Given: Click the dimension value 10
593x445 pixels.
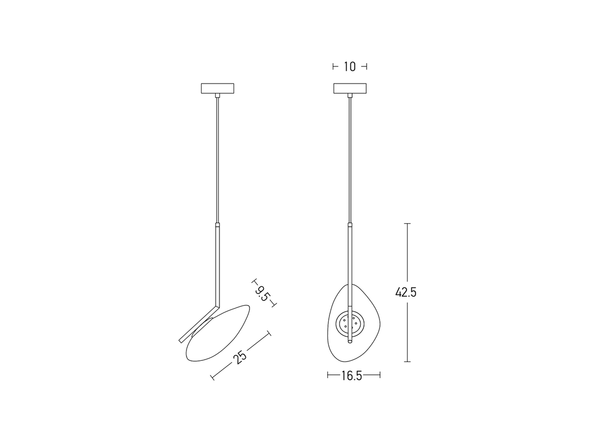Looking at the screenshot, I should (350, 67).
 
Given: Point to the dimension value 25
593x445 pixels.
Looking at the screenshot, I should (240, 357).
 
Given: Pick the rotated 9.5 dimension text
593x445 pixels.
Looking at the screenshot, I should (263, 293).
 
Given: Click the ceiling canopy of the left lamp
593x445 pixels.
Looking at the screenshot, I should (218, 88).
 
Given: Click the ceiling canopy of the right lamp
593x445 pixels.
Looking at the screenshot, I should (350, 88).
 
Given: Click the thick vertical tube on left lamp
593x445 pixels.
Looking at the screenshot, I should (218, 264).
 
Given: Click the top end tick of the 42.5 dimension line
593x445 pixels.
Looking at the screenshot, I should (408, 223).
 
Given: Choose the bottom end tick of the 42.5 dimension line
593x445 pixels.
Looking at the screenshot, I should (408, 362).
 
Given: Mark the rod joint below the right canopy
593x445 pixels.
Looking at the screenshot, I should (350, 95).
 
